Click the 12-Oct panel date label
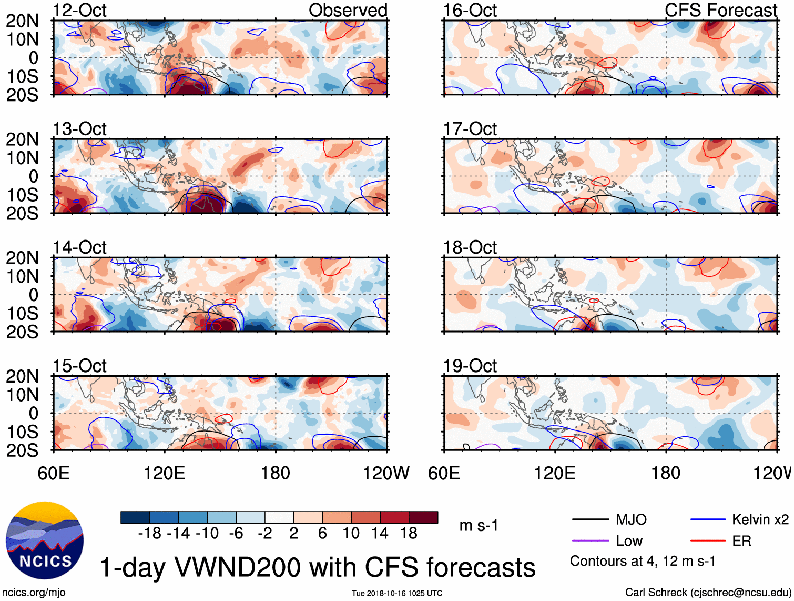[x=79, y=10]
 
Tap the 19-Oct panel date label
[x=470, y=366]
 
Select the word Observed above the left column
[x=348, y=10]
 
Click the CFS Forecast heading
[x=720, y=10]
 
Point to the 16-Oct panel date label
[x=470, y=10]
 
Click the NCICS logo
[x=45, y=540]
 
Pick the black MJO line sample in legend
[x=590, y=520]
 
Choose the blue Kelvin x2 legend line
[x=708, y=520]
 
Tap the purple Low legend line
[x=590, y=541]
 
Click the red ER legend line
[x=708, y=541]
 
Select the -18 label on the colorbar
[x=149, y=534]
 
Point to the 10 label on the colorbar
[x=351, y=534]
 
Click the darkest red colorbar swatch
[x=423, y=517]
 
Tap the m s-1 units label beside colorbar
[x=479, y=525]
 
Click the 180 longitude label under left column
[x=276, y=473]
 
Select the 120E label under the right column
[x=555, y=473]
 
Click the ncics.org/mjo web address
[x=34, y=593]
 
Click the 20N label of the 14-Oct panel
[x=22, y=258]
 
